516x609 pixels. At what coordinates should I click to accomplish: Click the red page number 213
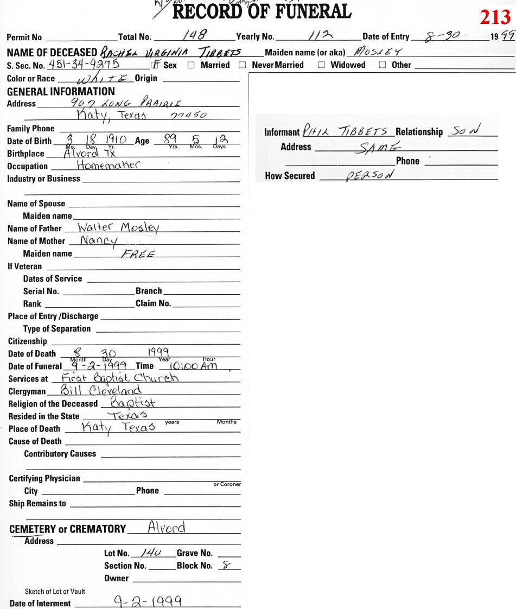495,18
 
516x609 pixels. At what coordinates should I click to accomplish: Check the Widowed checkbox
321,65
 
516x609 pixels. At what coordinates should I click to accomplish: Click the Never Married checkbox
243,65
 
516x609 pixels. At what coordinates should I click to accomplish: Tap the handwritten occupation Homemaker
109,166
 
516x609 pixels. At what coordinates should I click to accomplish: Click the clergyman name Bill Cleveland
101,391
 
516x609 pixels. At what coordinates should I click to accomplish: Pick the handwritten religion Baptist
133,403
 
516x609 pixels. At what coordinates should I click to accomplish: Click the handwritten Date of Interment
148,602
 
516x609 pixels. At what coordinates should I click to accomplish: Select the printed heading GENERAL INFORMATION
61,91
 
